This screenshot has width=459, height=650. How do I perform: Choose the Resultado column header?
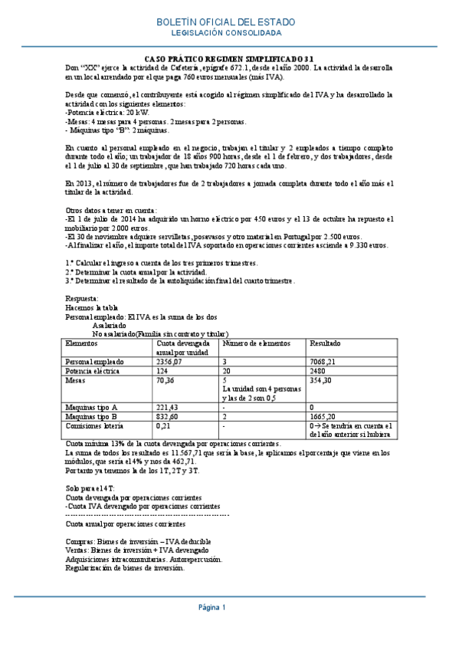(325, 344)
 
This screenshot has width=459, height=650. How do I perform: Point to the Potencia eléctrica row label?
(94, 370)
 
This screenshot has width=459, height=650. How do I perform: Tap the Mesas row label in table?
(76, 379)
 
